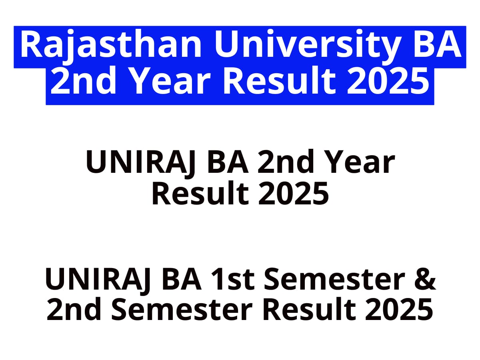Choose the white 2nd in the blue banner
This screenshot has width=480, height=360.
(x=83, y=81)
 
